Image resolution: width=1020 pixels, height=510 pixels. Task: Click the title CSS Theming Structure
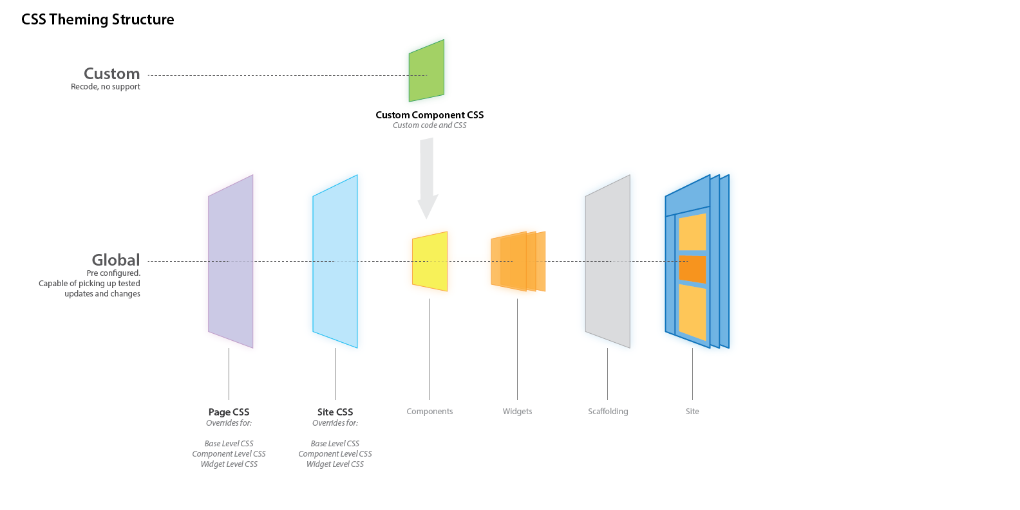pyautogui.click(x=97, y=19)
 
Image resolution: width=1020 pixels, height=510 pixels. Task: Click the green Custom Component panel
pyautogui.click(x=426, y=71)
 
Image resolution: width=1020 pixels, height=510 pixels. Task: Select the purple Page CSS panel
pyautogui.click(x=231, y=262)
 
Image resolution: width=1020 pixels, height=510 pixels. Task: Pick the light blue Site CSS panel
pyautogui.click(x=335, y=262)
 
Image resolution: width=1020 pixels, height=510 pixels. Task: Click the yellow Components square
pyautogui.click(x=430, y=262)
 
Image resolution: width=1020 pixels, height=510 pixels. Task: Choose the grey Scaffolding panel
pyautogui.click(x=607, y=262)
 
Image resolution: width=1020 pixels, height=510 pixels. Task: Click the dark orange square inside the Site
pyautogui.click(x=692, y=269)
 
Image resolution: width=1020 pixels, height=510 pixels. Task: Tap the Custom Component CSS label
pyautogui.click(x=430, y=115)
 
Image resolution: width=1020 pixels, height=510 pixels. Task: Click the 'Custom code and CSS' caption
pyautogui.click(x=430, y=125)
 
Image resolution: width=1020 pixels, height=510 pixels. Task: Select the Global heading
pyautogui.click(x=116, y=260)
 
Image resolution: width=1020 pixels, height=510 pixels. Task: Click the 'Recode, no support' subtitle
pyautogui.click(x=106, y=87)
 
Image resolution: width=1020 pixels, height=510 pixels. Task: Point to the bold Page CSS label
pyautogui.click(x=229, y=412)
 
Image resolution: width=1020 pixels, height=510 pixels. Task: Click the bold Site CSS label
pyautogui.click(x=335, y=412)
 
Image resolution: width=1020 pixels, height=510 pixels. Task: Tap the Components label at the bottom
pyautogui.click(x=430, y=412)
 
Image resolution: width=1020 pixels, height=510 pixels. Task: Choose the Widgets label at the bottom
pyautogui.click(x=517, y=412)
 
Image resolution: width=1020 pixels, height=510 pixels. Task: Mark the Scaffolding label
pyautogui.click(x=608, y=412)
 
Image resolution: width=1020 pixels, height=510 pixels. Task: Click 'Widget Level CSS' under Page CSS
pyautogui.click(x=229, y=464)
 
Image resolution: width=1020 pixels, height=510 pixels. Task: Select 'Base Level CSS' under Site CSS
pyautogui.click(x=335, y=444)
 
